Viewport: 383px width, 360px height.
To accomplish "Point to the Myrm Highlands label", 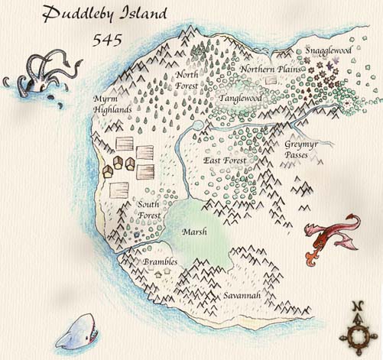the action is (111, 105).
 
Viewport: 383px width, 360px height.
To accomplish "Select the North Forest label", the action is (188, 79).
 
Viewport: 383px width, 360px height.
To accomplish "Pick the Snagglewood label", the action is (328, 50).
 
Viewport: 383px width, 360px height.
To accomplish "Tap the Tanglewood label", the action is (240, 99).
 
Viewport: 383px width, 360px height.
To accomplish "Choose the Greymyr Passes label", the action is (297, 149).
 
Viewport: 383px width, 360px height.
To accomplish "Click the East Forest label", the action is (226, 161).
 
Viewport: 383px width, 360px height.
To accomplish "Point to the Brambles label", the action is (161, 262).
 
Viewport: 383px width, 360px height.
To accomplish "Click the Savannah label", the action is (242, 295).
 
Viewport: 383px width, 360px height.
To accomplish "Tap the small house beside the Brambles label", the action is (159, 272).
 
